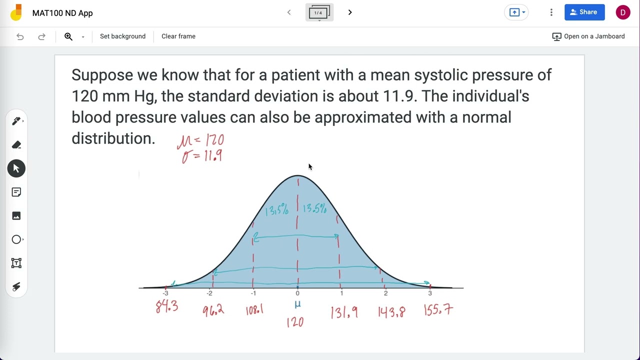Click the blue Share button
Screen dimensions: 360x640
[x=584, y=12]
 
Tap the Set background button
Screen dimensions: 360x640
[x=122, y=36]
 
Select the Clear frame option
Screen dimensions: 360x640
[x=178, y=36]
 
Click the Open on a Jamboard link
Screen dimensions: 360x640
[x=588, y=36]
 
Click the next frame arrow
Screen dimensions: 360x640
[x=350, y=12]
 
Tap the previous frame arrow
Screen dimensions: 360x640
[x=289, y=12]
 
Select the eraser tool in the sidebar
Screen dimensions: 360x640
[x=16, y=145]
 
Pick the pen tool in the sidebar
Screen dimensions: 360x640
[x=16, y=121]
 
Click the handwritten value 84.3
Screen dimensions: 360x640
[x=166, y=306]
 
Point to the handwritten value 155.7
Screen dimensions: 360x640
[x=438, y=310]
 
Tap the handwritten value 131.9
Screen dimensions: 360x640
[x=344, y=312]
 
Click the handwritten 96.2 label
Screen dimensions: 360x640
[x=213, y=310]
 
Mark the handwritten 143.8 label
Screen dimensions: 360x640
[x=391, y=312]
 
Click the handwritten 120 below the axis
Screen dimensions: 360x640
[x=295, y=322]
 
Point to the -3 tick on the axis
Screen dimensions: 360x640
[x=165, y=293]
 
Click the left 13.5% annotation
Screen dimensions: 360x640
[x=277, y=210]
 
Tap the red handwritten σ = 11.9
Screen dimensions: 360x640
[x=202, y=156]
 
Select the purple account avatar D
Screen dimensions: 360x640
[x=622, y=12]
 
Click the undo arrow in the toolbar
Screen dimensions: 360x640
[x=20, y=36]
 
